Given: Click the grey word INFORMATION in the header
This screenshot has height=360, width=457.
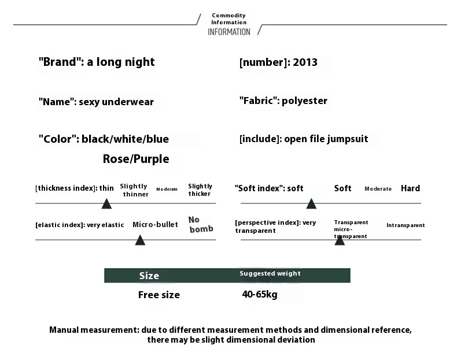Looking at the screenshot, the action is (x=229, y=32).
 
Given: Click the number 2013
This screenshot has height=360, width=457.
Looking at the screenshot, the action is (x=305, y=62).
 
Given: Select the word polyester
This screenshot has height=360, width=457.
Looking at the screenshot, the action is (x=304, y=101).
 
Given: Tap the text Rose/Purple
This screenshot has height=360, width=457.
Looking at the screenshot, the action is (x=136, y=159).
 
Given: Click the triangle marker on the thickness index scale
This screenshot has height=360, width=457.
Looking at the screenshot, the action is (x=106, y=204).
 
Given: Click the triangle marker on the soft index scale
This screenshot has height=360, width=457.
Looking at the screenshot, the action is (x=311, y=204).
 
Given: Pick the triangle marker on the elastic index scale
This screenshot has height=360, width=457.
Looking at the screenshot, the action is (x=140, y=240).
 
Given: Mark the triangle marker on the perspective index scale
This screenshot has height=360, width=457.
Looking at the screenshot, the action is (x=340, y=240).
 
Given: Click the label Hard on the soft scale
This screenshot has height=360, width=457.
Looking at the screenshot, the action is (x=410, y=188).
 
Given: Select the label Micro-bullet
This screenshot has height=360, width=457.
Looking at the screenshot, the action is (x=155, y=224).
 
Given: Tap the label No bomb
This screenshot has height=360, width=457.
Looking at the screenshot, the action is (x=201, y=224).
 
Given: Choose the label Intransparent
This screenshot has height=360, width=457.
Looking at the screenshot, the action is (x=406, y=225).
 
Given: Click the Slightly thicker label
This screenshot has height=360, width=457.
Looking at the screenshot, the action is (x=200, y=190).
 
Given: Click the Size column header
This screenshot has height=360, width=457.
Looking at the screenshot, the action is (x=149, y=276).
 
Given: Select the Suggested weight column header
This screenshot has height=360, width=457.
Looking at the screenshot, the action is (x=270, y=273).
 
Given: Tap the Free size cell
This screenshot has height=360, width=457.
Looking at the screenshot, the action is (x=159, y=295).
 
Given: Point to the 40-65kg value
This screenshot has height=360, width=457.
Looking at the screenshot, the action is (x=259, y=294).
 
